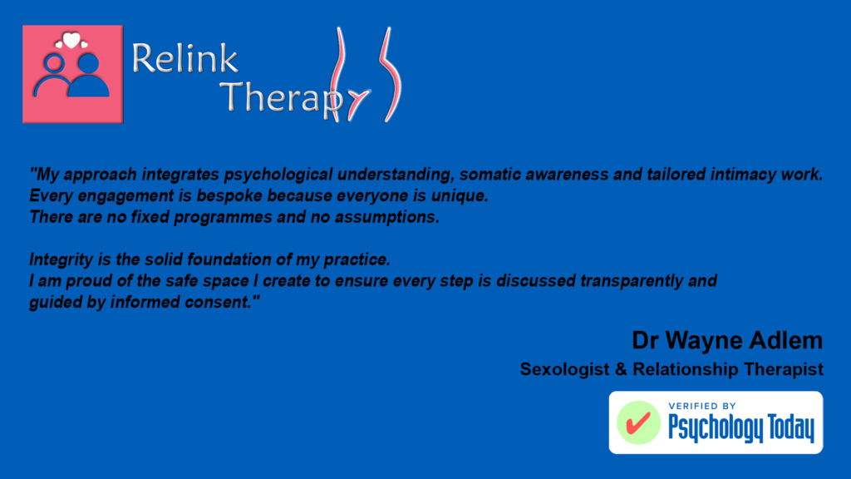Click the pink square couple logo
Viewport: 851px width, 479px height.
73,74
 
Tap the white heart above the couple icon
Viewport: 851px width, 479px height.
71,40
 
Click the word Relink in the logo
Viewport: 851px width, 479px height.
184,58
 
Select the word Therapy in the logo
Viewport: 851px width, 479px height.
283,98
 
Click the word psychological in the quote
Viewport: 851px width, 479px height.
278,175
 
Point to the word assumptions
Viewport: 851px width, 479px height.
387,217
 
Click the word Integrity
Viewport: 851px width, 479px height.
61,259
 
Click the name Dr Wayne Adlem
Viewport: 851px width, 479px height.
727,340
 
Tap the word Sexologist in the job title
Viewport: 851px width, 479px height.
565,369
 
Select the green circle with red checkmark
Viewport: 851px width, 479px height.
638,423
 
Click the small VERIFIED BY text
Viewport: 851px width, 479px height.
702,406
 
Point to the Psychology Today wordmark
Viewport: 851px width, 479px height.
741,428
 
